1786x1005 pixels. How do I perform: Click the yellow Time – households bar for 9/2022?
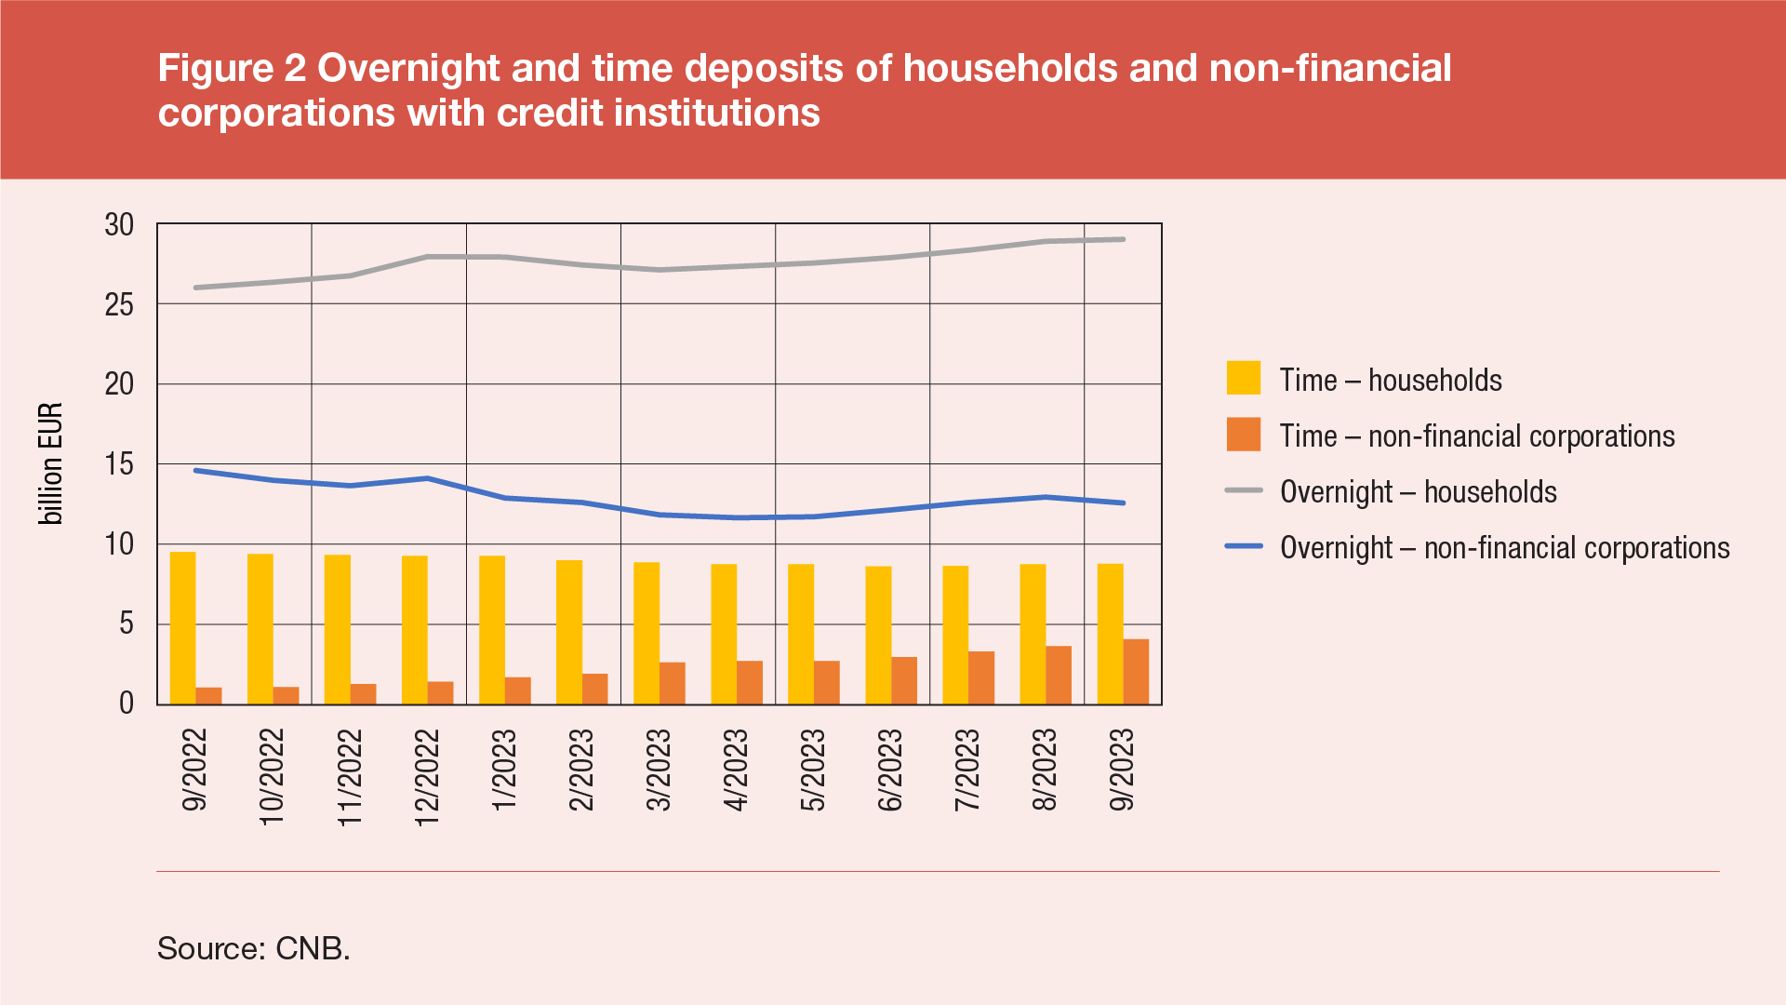pos(182,628)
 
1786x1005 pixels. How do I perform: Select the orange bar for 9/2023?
pos(1136,672)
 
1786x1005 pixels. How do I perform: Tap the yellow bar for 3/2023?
pos(646,633)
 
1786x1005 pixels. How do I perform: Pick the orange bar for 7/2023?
pos(981,677)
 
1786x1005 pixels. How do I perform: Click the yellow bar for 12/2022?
pos(415,630)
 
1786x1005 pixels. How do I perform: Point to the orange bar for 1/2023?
pos(518,690)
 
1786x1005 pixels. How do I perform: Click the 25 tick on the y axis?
pos(119,304)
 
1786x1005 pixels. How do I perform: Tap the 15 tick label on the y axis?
pos(119,464)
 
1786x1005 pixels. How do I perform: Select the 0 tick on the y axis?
pos(127,703)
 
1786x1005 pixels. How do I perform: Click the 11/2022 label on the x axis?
pos(349,778)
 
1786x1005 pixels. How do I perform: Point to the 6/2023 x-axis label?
pos(890,770)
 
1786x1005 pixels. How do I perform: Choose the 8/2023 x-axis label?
pos(1045,770)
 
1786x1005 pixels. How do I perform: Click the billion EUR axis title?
pos(50,463)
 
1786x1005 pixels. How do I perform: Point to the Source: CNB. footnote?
pos(253,948)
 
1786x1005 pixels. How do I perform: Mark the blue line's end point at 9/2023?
pos(1123,502)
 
